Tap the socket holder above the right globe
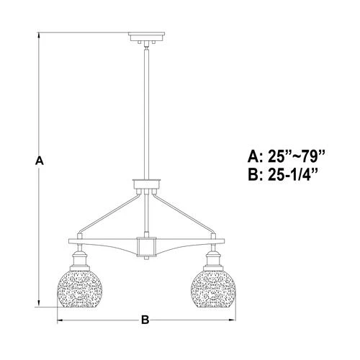click(x=214, y=258)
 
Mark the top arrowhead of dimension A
click(x=40, y=35)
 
